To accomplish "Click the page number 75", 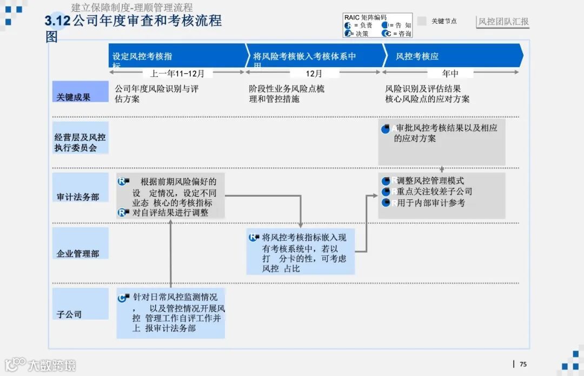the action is pos(523,364).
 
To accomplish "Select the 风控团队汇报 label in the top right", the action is pos(503,22).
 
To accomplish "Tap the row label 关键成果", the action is pos(74,97).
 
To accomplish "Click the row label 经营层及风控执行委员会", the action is pos(80,142).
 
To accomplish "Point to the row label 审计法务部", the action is pos(78,197).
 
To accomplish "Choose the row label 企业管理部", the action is pos(78,253).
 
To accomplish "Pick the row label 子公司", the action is pos(69,314).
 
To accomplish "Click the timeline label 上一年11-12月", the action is pos(177,73).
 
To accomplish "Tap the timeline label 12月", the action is pos(314,73).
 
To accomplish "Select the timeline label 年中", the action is pos(450,73).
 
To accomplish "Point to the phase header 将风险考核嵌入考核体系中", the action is pos(304,56).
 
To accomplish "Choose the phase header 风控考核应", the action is pos(417,56).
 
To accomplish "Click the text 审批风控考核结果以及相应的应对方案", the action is pos(446,133).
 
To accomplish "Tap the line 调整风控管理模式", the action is pos(430,180).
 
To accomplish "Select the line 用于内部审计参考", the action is pos(430,203).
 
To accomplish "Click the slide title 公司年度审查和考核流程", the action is pos(147,21).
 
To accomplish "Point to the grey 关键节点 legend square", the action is pos(422,21).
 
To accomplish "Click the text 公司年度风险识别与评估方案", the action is pos(157,94).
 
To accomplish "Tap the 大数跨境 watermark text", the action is pos(52,365).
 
